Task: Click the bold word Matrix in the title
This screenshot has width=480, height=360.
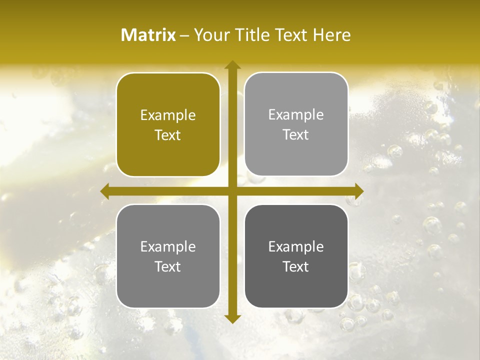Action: coord(148,35)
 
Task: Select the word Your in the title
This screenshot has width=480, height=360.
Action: coord(209,35)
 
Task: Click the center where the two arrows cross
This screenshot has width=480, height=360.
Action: coord(232,191)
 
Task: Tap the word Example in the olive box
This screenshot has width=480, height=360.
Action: coord(168,115)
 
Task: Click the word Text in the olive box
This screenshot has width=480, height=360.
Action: coord(168,135)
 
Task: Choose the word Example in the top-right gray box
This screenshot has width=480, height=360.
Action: coord(296,115)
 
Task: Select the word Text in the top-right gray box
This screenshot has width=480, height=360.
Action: coord(296,135)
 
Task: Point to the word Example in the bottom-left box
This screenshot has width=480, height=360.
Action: coord(168,247)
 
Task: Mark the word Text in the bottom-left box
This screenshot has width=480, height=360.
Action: coord(168,267)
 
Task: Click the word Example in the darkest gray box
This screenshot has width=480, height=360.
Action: coord(296,247)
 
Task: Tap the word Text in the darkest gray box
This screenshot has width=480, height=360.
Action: coord(296,267)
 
